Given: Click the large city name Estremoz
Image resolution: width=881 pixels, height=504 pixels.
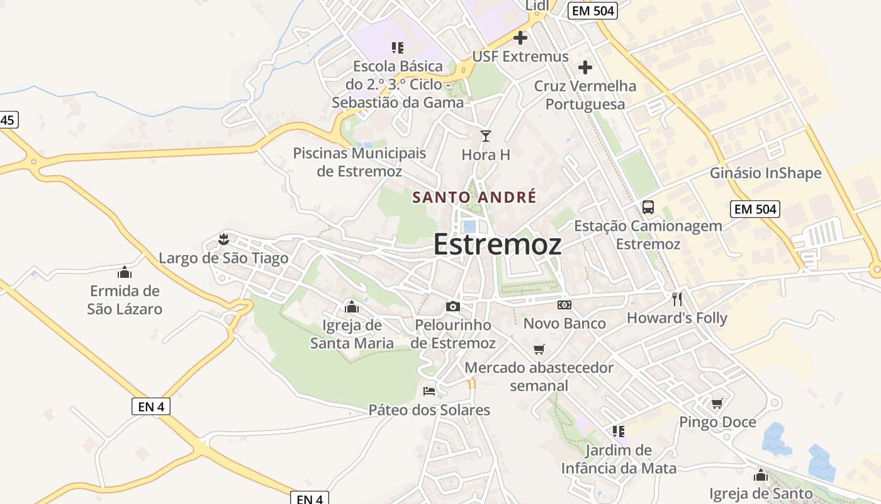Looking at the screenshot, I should (x=497, y=244).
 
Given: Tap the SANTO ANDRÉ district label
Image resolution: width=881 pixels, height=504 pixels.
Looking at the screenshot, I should (x=474, y=197).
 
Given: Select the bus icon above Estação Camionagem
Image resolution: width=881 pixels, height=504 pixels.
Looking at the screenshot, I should (x=648, y=207).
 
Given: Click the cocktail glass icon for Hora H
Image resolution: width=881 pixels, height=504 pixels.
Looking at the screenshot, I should (x=485, y=136).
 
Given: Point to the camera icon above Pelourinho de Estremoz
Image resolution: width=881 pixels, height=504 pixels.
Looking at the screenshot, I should (x=452, y=307).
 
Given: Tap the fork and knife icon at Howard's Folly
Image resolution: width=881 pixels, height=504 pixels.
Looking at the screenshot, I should (x=677, y=299).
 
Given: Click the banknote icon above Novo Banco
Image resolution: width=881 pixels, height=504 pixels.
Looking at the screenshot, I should (x=564, y=305).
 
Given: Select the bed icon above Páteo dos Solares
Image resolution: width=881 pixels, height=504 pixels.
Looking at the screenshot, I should (x=429, y=391).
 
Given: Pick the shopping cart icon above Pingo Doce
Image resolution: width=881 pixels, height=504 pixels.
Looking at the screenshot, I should (x=717, y=403).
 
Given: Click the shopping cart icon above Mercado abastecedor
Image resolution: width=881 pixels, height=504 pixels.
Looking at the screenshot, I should (x=539, y=349).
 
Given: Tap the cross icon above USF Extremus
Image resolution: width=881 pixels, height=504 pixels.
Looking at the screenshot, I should (x=520, y=38).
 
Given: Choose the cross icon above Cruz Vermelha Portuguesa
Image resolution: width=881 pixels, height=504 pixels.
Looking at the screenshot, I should (x=585, y=67).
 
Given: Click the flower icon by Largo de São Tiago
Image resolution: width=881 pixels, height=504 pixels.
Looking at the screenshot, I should (x=223, y=239).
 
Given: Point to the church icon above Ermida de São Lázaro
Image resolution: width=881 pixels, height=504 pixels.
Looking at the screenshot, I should (x=125, y=272).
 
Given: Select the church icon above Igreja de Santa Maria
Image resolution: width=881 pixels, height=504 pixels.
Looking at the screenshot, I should (x=352, y=307).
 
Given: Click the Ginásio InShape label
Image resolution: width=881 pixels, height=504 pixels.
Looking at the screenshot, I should (x=766, y=173).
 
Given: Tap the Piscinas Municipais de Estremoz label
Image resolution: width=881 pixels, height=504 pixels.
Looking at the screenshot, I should (x=359, y=162).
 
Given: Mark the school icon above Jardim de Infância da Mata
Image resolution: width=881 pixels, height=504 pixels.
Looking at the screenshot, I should (x=619, y=432).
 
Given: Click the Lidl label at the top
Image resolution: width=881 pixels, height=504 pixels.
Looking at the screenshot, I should (x=537, y=6).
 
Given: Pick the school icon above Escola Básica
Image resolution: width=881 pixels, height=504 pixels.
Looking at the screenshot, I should (x=397, y=47).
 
